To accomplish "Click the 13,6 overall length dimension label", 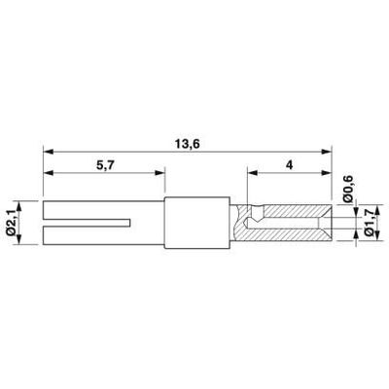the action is click(x=187, y=144).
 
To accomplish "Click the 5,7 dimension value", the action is click(x=105, y=165).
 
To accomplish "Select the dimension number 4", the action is click(x=289, y=165).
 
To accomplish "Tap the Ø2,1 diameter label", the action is click(x=11, y=223).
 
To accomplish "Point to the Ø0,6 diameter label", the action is click(x=348, y=190).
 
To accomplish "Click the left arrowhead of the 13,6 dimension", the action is click(x=48, y=152).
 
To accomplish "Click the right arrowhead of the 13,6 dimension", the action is click(x=327, y=152).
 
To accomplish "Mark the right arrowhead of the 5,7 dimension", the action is click(x=160, y=173).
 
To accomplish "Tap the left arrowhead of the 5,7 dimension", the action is click(x=48, y=173).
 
